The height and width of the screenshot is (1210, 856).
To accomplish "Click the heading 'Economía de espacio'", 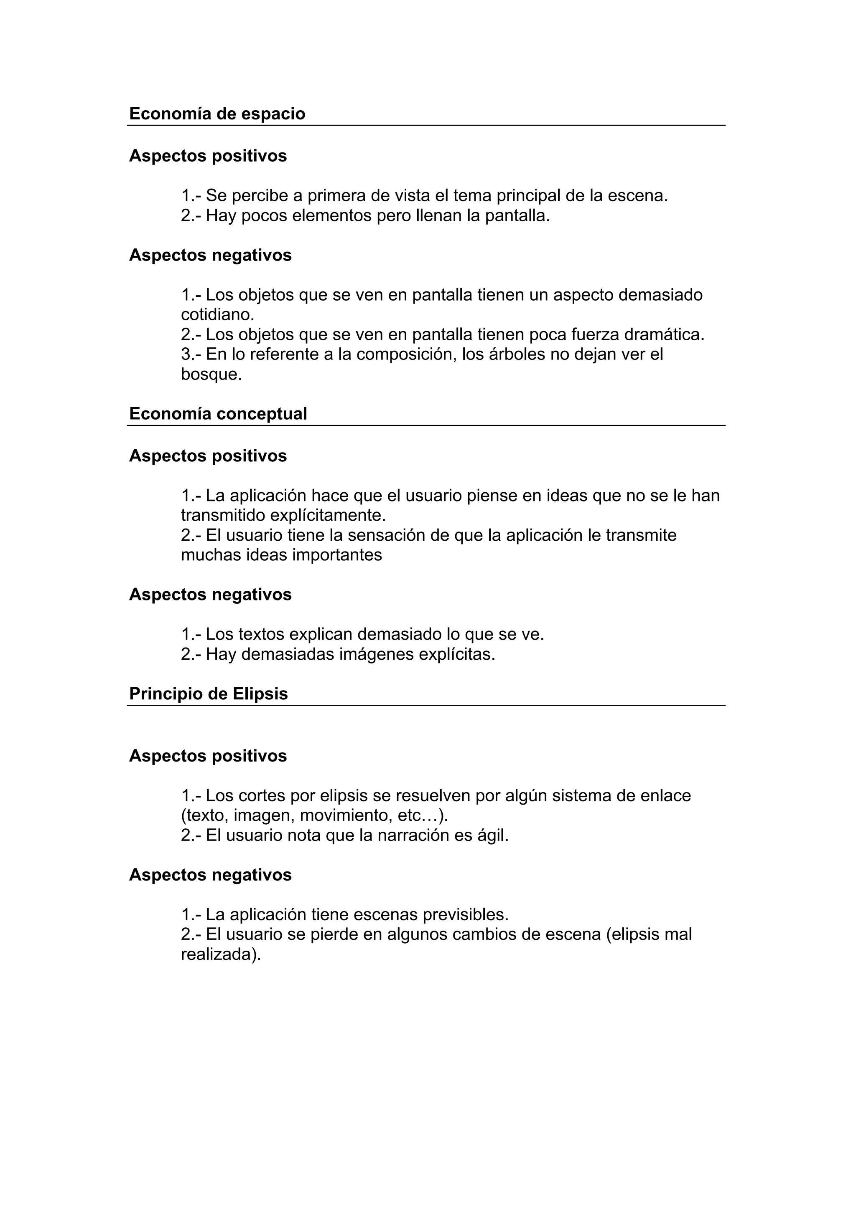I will pos(217,114).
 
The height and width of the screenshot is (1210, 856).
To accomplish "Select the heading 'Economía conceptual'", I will pos(218,414).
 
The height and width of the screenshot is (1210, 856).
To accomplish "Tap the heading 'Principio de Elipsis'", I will pos(208,694).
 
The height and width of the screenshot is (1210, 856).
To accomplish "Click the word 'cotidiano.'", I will pos(217,315).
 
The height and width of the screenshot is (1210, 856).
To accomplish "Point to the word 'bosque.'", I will pos(211,375).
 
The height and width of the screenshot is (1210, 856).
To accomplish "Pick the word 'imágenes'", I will pos(377,655).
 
